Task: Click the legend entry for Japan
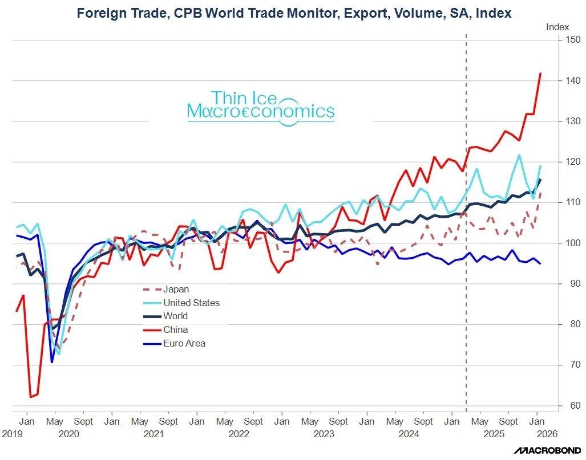point(176,289)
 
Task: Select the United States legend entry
point(191,303)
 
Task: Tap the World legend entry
point(175,316)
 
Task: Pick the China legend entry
point(175,330)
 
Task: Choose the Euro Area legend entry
point(184,344)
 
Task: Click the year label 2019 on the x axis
point(11,434)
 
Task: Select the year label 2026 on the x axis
point(545,434)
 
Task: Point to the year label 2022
point(239,434)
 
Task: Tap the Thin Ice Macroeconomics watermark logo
point(261,106)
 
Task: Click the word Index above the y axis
point(557,27)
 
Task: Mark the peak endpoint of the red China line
point(540,74)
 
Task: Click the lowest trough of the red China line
point(31,397)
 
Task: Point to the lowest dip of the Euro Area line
point(52,362)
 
